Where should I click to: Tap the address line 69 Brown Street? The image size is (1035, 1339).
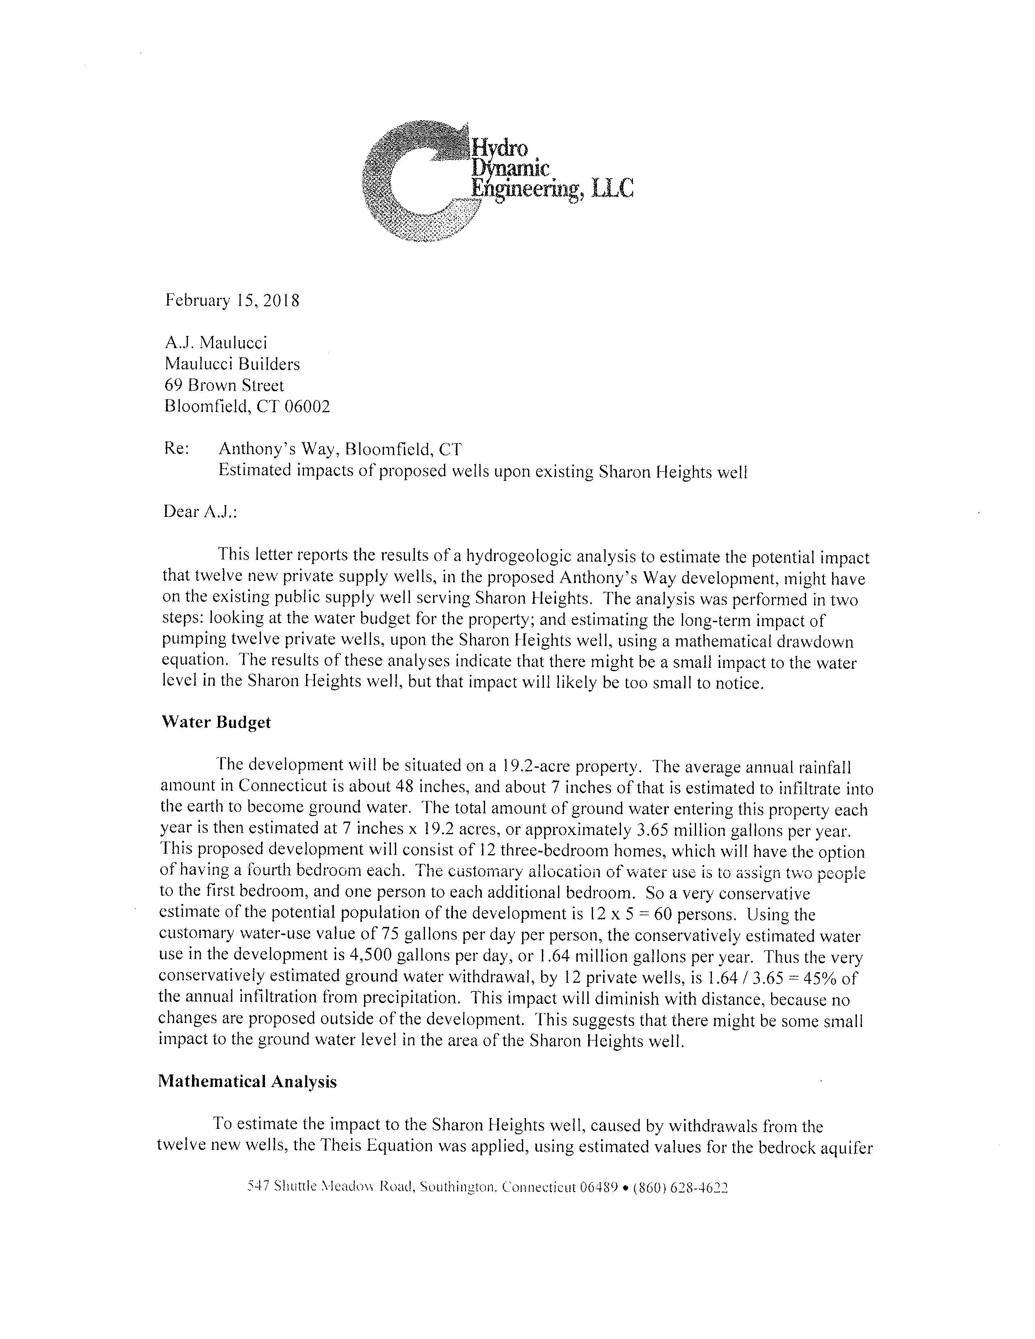click(x=224, y=385)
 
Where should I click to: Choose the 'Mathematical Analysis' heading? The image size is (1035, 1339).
click(x=247, y=1081)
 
